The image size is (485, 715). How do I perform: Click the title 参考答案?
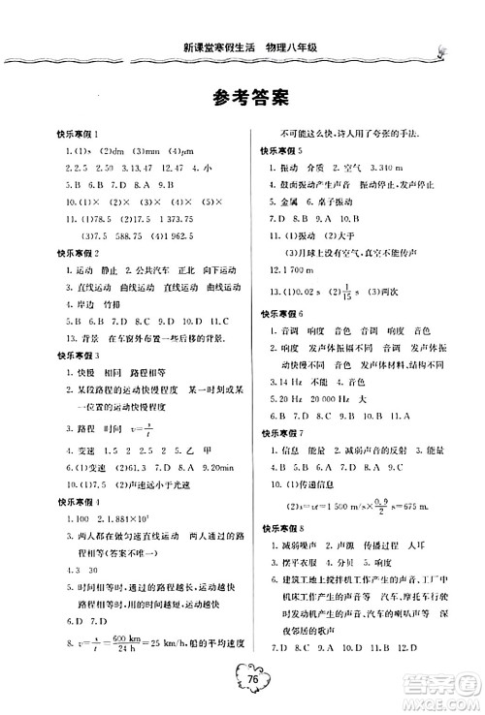pyautogui.click(x=242, y=98)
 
